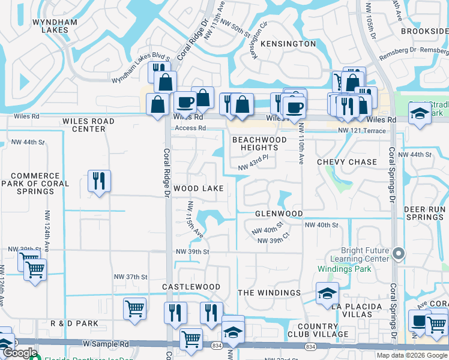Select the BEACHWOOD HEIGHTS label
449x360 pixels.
point(259,143)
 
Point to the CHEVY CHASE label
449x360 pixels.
point(346,162)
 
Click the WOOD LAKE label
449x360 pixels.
point(198,188)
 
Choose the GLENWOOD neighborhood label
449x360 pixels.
point(279,214)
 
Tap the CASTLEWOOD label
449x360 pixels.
point(191,287)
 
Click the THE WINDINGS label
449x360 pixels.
point(269,293)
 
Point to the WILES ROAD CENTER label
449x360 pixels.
point(88,125)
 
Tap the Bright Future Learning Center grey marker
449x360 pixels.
point(398,254)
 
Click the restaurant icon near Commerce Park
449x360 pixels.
point(98,181)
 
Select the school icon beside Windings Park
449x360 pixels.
point(327,293)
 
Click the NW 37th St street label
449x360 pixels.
point(130,277)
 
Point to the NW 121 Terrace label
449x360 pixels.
point(362,130)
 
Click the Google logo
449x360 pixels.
point(20,353)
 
